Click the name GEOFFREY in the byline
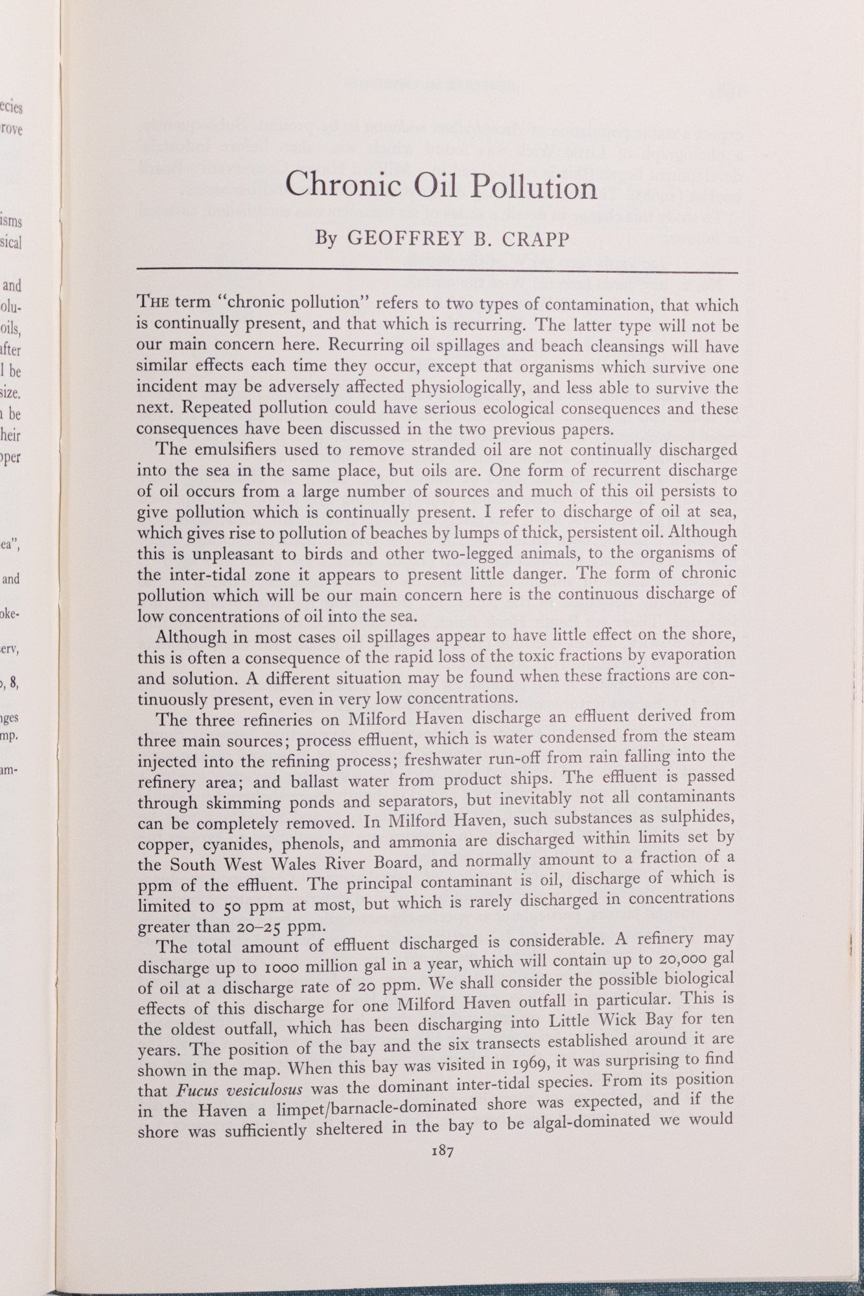pos(404,238)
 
